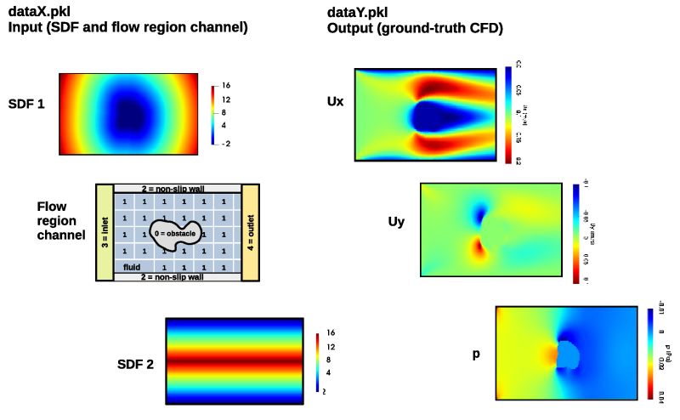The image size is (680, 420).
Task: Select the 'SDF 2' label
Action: tap(135, 365)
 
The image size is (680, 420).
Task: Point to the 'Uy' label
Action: tap(395, 222)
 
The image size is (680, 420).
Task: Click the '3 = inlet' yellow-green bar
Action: tap(105, 232)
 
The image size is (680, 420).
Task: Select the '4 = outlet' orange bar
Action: tap(251, 232)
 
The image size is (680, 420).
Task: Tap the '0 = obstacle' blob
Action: tap(175, 234)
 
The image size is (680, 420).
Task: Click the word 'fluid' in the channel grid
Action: tap(132, 267)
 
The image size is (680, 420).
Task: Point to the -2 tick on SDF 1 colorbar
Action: tap(226, 144)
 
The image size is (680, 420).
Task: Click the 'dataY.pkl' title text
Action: tap(358, 11)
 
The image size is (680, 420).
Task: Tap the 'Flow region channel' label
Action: tap(61, 220)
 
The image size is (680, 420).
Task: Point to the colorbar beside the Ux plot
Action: tap(507, 115)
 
